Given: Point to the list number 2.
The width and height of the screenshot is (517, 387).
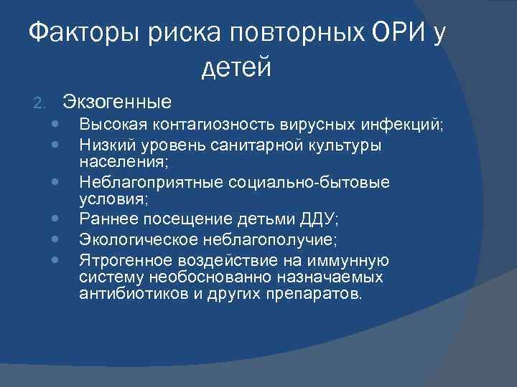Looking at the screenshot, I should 40,102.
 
